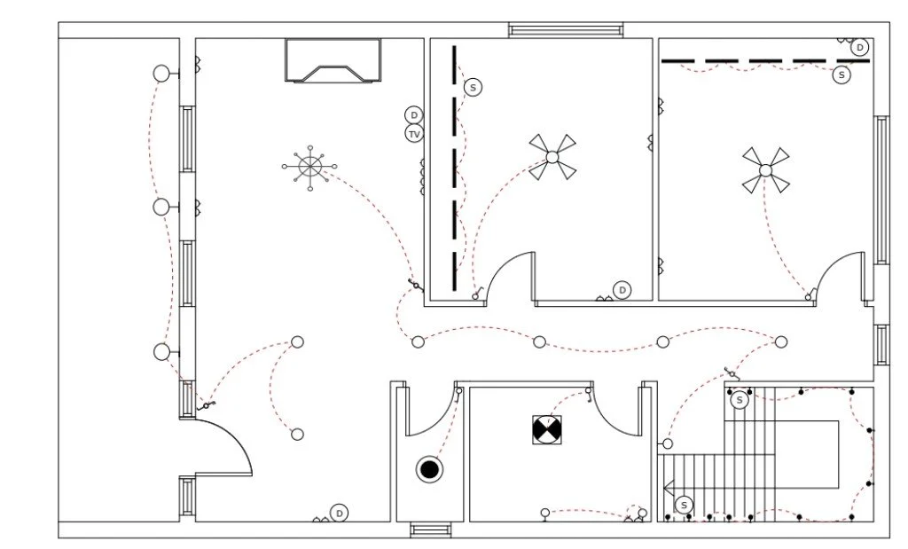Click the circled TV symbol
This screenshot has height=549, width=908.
pos(414,134)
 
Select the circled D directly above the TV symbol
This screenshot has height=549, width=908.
pos(414,115)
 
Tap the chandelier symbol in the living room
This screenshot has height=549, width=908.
pos(309,166)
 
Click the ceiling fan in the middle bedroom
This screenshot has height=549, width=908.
pos(552,157)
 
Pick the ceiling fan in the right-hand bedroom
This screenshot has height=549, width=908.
pos(764,169)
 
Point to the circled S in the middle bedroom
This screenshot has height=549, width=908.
pos(474,87)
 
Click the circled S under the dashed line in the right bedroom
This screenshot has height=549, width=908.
pos(841,75)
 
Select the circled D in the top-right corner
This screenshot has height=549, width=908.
pos(859,48)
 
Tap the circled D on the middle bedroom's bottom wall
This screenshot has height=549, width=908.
pos(622,290)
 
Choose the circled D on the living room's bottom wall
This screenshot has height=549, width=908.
pos(339,513)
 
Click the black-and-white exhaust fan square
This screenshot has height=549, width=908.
pos(547,431)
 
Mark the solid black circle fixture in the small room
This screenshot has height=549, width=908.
pos(429,469)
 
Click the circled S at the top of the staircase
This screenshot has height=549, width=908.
pos(740,400)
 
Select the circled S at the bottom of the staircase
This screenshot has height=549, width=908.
pos(684,506)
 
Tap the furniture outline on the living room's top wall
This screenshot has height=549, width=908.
pos(333,60)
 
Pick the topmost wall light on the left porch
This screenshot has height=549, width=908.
pos(161,74)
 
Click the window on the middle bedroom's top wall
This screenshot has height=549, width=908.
pos(566,30)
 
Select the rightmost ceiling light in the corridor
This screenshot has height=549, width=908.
pos(781,342)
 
